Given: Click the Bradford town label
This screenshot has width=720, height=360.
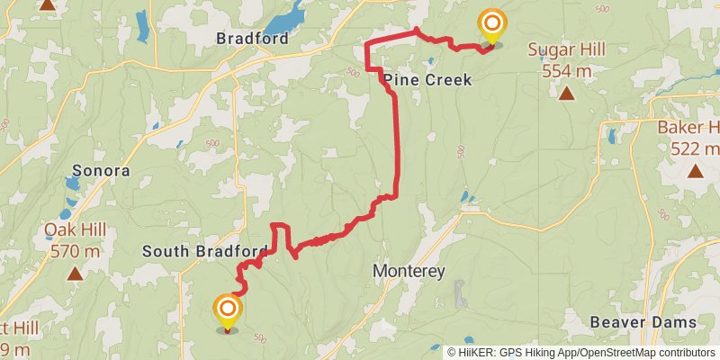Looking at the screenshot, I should [252, 39].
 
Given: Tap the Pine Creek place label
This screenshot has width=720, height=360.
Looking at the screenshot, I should [427, 80].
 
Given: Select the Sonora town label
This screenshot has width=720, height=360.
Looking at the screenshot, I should [101, 170].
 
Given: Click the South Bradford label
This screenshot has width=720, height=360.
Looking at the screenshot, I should [205, 251].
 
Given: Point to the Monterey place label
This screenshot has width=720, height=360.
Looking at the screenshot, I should [409, 271].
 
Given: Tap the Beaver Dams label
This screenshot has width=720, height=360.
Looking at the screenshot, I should [643, 322].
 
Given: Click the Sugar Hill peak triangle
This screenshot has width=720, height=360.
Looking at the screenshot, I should [566, 94].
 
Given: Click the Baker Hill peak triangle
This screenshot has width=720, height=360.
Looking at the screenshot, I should [695, 170].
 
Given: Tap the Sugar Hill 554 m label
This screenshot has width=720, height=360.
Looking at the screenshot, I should [566, 58].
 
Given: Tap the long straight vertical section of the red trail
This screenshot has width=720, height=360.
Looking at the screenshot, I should [397, 135].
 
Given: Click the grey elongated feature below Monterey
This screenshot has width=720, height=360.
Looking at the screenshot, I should [461, 293].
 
